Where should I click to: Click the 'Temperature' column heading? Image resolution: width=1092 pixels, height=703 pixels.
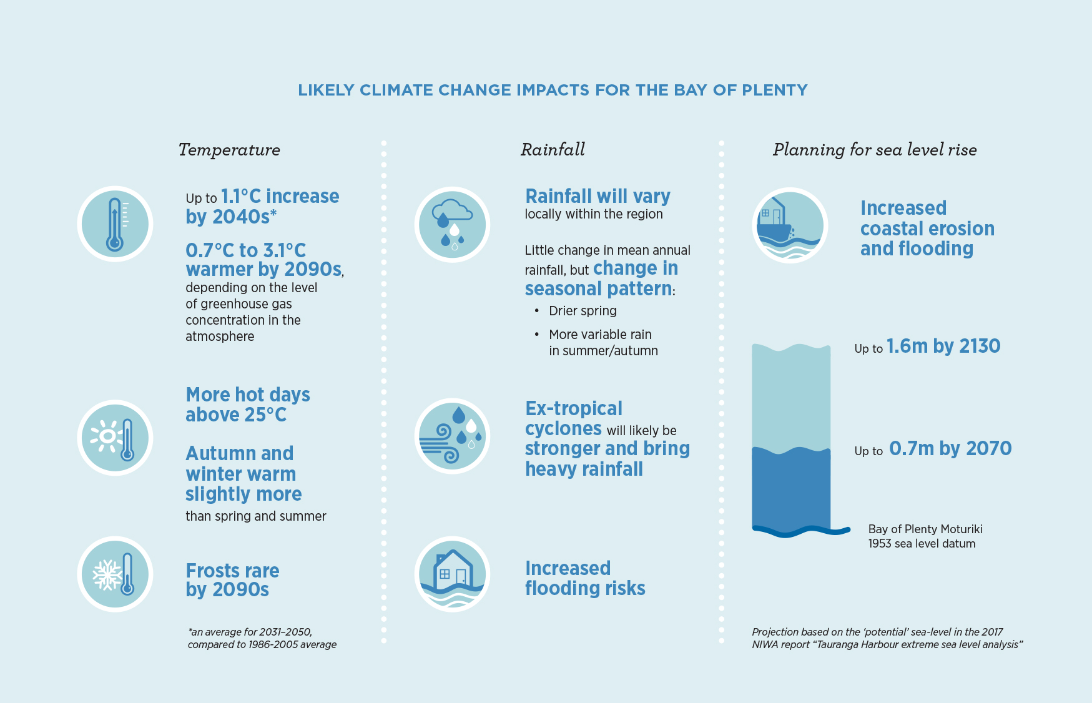click(229, 150)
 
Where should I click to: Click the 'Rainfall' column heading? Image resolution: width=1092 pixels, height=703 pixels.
click(553, 150)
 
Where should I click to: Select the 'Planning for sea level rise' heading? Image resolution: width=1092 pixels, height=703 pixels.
click(875, 150)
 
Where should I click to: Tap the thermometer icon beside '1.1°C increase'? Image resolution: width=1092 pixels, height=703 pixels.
click(115, 224)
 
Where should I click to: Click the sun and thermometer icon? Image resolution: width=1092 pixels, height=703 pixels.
click(115, 438)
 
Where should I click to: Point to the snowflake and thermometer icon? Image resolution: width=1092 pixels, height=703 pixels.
click(115, 574)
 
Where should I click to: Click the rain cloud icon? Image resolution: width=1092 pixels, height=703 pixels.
click(452, 224)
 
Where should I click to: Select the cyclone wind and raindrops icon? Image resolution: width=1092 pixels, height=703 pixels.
click(452, 436)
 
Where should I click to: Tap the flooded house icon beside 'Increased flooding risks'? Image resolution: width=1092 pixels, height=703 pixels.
click(452, 574)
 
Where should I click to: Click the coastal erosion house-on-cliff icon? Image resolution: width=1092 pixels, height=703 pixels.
click(790, 225)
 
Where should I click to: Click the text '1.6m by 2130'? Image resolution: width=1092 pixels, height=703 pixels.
click(943, 347)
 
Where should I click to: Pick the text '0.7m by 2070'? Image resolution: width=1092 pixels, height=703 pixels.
click(950, 449)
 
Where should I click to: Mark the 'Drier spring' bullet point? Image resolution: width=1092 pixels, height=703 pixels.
click(582, 311)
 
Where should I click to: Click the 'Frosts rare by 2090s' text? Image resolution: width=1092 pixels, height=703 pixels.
click(232, 580)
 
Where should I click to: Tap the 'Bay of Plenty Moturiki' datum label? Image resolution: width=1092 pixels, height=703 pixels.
click(925, 529)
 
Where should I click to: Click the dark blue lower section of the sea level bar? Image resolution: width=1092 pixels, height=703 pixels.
click(791, 490)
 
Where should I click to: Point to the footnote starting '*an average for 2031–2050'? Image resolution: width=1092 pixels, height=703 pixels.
click(262, 638)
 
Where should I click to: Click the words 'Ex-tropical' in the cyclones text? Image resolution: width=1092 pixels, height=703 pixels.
click(573, 409)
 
